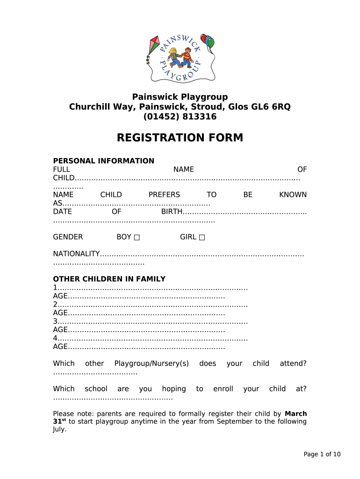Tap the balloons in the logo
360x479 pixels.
[207, 41]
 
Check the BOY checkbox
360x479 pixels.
[137, 237]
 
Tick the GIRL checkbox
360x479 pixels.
[202, 237]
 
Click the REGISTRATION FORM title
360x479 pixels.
[180, 138]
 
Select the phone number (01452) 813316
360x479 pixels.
[180, 116]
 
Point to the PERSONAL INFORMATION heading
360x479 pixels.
[103, 161]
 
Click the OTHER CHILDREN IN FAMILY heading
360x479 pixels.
[109, 279]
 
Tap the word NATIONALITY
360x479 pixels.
[76, 254]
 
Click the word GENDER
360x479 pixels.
[68, 237]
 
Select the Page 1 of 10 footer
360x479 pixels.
[322, 454]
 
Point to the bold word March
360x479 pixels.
[295, 414]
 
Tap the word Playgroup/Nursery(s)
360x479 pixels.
[151, 363]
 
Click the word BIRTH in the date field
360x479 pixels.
[171, 212]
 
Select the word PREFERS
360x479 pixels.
[164, 195]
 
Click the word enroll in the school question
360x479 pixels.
[223, 389]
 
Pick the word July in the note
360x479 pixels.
[59, 429]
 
